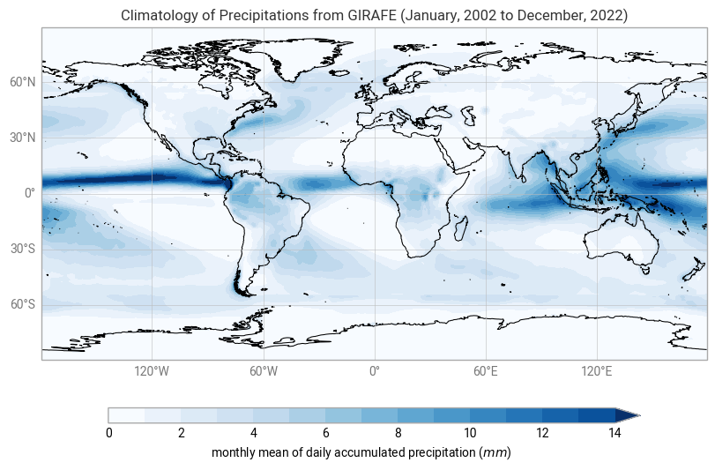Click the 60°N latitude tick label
(x=22, y=82)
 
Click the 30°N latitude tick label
(x=22, y=138)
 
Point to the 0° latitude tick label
(x=30, y=193)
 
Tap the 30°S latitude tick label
(x=22, y=250)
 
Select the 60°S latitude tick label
(x=22, y=305)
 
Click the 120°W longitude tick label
(x=152, y=371)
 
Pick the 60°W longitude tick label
(x=263, y=371)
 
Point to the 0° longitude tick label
(x=374, y=371)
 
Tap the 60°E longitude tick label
(x=486, y=371)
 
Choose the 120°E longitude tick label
(x=597, y=371)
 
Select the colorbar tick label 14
(x=614, y=433)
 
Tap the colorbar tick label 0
(x=108, y=433)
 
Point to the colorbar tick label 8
(x=398, y=433)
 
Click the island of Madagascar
(x=460, y=228)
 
